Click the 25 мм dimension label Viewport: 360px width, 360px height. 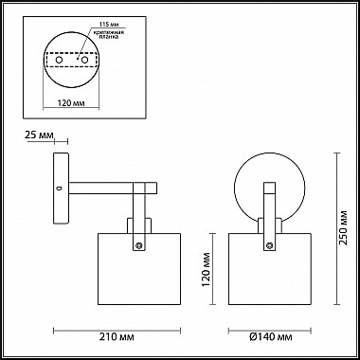(39, 135)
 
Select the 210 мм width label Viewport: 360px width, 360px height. (117, 337)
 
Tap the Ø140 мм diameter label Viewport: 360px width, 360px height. (270, 337)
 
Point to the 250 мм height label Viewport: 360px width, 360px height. (343, 227)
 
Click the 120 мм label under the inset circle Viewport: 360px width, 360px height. (71, 102)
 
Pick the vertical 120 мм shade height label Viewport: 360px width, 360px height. (207, 269)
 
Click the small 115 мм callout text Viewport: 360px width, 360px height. (107, 25)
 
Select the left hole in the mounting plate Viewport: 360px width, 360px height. (59, 60)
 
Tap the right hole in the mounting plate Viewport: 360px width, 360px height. (84, 60)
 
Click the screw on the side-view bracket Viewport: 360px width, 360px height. (138, 245)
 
